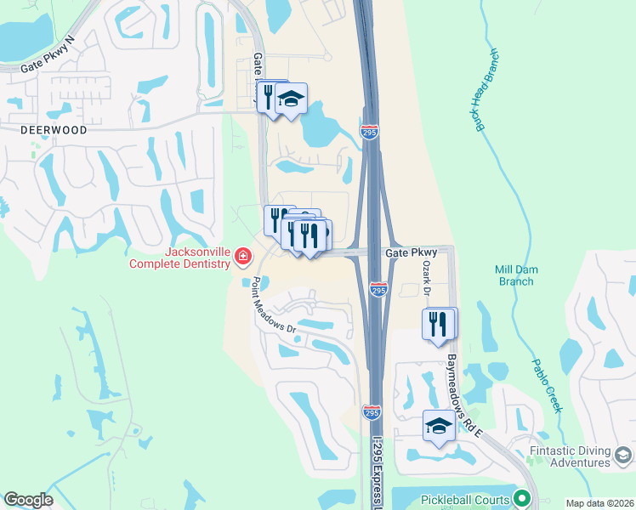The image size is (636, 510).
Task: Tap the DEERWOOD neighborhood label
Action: pos(55,130)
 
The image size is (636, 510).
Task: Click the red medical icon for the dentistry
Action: pos(243,256)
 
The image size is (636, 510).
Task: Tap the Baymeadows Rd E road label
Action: pos(466,397)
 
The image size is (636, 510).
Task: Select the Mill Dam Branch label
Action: pos(516,275)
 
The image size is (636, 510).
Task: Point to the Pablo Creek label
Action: pos(548,384)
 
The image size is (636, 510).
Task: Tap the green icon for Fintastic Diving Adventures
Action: pos(623,456)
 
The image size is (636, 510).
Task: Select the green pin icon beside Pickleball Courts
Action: pos(523,500)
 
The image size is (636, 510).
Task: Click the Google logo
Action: pos(28,500)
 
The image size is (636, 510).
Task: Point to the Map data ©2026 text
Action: pos(599,503)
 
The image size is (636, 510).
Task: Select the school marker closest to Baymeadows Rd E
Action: pos(439,427)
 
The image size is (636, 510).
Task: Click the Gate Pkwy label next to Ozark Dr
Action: pos(411,252)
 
